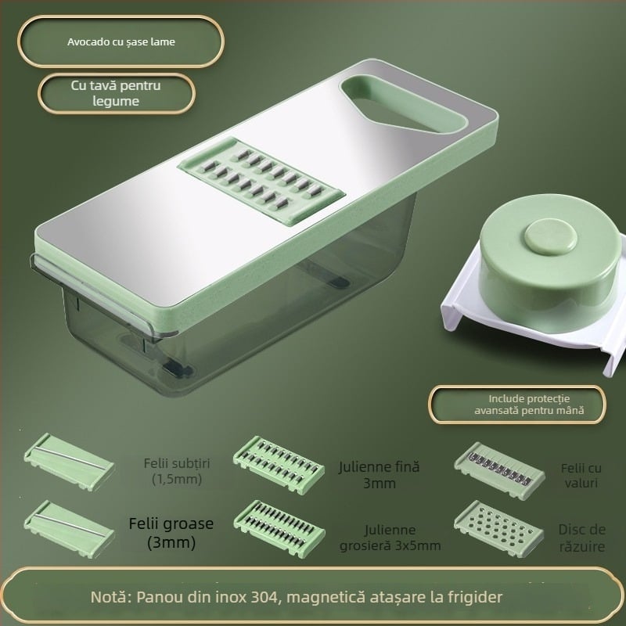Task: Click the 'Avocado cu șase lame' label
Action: (x=121, y=42)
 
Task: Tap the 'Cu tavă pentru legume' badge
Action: (x=116, y=93)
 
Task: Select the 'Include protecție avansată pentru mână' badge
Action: (x=517, y=405)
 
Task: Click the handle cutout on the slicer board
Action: (x=403, y=103)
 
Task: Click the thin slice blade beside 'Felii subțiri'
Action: (x=69, y=462)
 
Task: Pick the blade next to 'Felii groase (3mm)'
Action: (x=69, y=529)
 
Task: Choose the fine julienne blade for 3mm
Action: (x=279, y=465)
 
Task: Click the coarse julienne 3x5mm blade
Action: (x=279, y=529)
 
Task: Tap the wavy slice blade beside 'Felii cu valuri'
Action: (x=499, y=470)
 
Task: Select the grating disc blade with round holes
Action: (x=499, y=529)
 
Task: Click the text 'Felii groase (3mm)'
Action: (x=171, y=533)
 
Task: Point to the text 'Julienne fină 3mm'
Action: (x=380, y=475)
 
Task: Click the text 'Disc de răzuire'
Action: (x=582, y=538)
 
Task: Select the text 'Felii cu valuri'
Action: (x=581, y=476)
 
